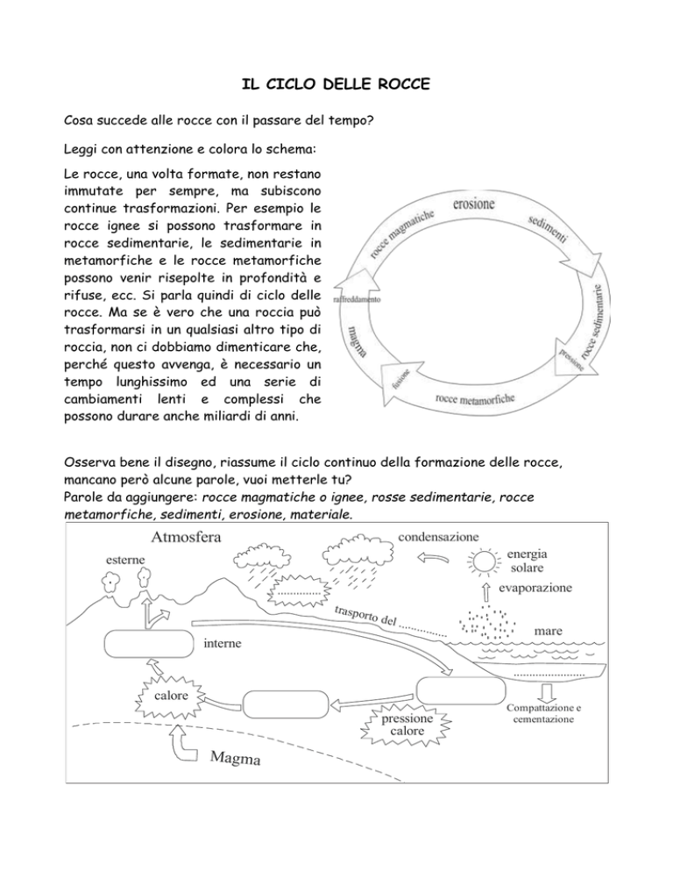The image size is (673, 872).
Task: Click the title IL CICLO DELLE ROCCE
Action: tap(336, 84)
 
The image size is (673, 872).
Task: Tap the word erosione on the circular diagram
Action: tap(473, 204)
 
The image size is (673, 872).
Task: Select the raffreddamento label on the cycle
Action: tap(357, 299)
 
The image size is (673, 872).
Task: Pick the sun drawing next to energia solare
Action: tap(482, 561)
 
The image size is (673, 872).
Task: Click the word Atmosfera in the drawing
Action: tap(186, 537)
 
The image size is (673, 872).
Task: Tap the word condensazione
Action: tap(438, 537)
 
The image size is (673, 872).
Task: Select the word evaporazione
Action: tap(535, 588)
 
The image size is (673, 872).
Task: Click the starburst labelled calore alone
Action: tap(171, 696)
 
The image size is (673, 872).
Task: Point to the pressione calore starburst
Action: tap(407, 725)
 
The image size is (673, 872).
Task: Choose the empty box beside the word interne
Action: tap(149, 643)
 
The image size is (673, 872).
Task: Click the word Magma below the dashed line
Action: tap(235, 757)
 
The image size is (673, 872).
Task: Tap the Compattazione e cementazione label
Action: tap(543, 713)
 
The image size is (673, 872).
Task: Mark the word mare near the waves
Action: tap(548, 632)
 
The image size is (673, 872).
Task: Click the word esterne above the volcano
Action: tap(125, 560)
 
